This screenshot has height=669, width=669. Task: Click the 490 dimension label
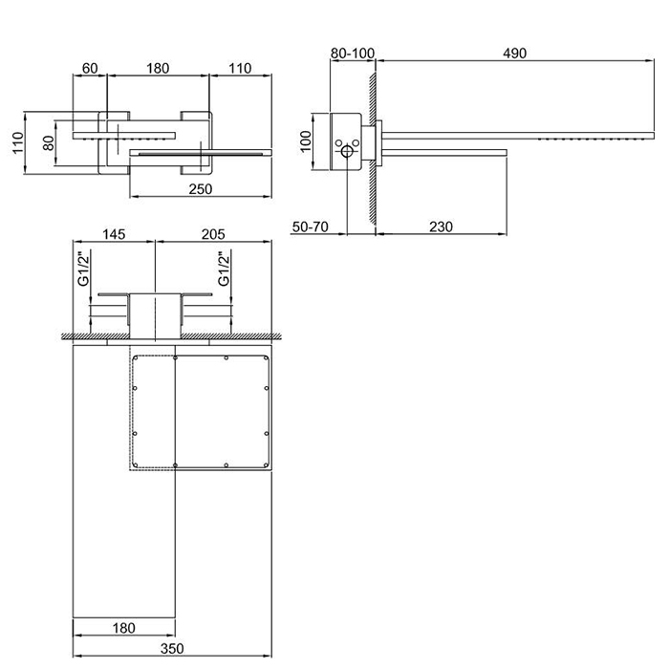[514, 54]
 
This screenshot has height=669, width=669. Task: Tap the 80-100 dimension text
[353, 54]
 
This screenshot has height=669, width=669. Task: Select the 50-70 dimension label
[311, 227]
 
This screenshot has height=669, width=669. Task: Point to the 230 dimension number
[441, 227]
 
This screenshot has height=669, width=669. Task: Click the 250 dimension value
[200, 189]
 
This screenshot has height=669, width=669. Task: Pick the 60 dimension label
[90, 68]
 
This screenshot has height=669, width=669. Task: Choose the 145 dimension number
[114, 234]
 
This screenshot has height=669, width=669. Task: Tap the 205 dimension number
[213, 234]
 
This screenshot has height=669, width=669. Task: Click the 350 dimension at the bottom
[172, 649]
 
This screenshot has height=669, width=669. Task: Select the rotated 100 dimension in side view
[306, 141]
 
